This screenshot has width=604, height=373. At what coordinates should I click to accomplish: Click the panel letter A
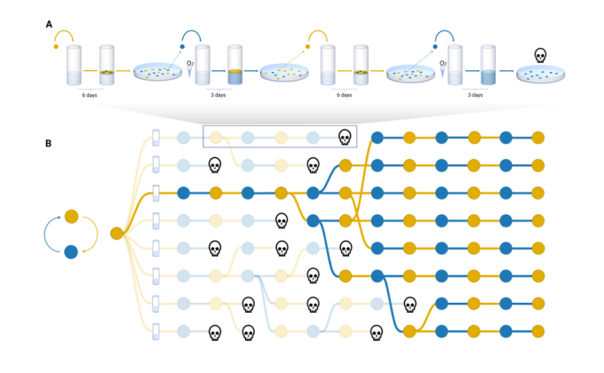coord(50,24)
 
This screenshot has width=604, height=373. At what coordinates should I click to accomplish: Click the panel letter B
coord(50,141)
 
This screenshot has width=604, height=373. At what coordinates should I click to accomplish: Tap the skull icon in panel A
coord(539,56)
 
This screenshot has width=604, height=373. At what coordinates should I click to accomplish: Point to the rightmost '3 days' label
coord(472,95)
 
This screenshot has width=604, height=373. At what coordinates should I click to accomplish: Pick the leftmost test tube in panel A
coord(75,67)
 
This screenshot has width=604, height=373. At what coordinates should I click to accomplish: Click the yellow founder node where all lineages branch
coord(116,234)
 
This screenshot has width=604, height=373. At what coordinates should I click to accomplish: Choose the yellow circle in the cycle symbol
coord(72,217)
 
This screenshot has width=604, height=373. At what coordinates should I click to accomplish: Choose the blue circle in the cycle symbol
coord(72,251)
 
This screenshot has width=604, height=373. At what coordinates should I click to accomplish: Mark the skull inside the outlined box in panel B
coord(345,137)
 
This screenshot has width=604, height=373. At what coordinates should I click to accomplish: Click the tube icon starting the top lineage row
coord(155,137)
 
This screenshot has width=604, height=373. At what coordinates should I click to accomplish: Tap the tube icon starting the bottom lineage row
coord(155,332)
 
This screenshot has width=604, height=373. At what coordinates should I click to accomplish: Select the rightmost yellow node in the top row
coord(537,137)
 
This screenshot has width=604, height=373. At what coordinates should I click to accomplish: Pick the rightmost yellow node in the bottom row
coord(537,332)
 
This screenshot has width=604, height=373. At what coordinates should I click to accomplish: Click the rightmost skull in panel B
coord(409,305)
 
